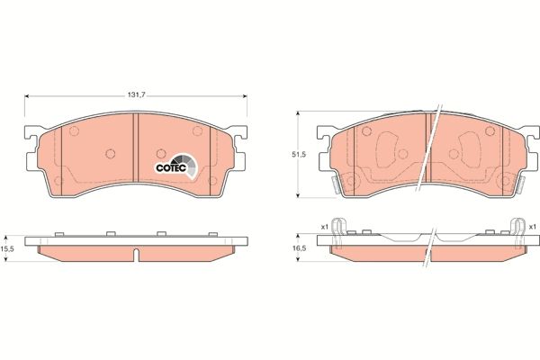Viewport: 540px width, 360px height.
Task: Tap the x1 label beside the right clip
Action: pyautogui.click(x=532, y=226)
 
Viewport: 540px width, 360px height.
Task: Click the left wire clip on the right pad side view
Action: pyautogui.click(x=337, y=231)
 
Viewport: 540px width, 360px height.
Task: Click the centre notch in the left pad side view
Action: pyautogui.click(x=134, y=258)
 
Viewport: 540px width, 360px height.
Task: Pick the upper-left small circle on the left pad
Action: pyautogui.click(x=74, y=130)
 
